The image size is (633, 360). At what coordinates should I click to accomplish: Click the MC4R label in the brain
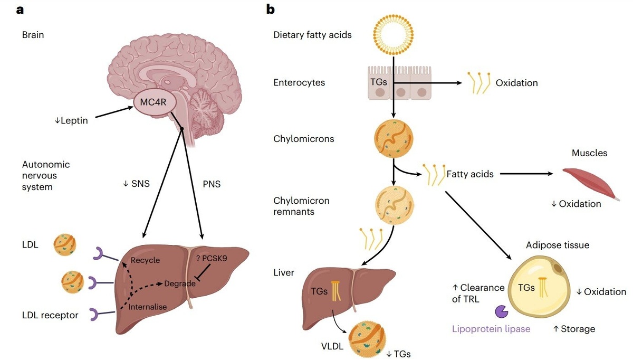(154, 102)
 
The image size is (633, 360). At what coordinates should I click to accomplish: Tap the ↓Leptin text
(71, 120)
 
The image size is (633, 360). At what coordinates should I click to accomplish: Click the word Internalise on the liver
(147, 307)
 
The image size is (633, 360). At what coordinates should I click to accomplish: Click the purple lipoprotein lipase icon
(499, 311)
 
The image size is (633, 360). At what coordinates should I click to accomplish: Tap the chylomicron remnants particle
(394, 206)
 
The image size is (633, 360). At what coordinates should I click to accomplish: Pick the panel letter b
(271, 9)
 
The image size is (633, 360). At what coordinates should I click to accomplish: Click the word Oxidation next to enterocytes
(516, 83)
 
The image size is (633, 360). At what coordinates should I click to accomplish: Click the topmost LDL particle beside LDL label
(65, 244)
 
